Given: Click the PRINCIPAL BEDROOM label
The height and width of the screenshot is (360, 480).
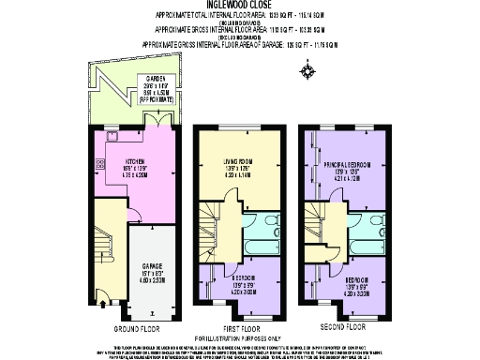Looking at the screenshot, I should click(x=348, y=165).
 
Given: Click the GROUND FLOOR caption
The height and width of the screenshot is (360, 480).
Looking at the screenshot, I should click(x=135, y=329).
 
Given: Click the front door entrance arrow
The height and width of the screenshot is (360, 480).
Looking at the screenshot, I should click(x=101, y=303).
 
